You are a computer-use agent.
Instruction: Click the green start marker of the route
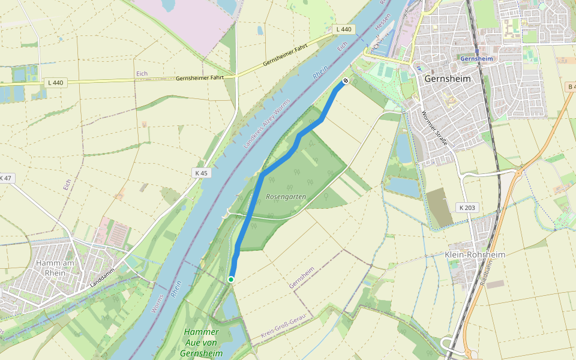tap(230, 279)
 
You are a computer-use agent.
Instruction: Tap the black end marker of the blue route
tap(346, 81)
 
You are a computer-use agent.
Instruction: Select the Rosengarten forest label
tap(286, 197)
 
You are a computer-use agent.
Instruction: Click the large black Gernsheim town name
tap(448, 79)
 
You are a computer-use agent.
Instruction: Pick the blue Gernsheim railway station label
tap(476, 59)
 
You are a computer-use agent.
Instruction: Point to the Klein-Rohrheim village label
tap(475, 254)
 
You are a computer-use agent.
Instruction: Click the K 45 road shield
tap(201, 173)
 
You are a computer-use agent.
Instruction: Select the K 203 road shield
tap(467, 208)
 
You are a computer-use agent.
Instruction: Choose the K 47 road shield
tap(5, 178)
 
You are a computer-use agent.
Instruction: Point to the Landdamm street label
tap(103, 279)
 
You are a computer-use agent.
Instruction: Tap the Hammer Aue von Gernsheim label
tap(201, 342)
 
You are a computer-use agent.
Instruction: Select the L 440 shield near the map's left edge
tap(57, 82)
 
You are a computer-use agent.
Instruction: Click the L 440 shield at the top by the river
tap(344, 29)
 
